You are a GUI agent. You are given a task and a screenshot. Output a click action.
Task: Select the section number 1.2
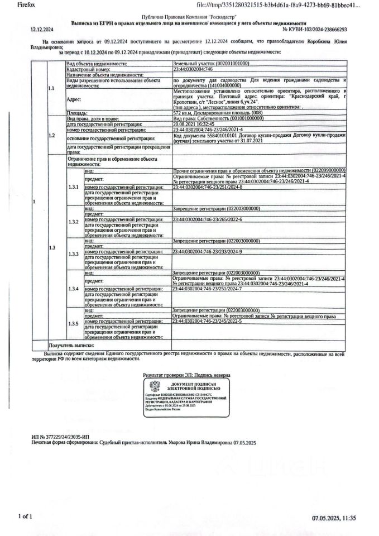click(x=52, y=136)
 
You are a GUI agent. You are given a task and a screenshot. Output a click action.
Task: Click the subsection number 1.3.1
click(x=73, y=188)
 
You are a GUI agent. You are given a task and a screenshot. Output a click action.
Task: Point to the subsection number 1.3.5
click(x=73, y=324)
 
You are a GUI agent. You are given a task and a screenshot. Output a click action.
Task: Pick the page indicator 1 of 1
click(x=25, y=516)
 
